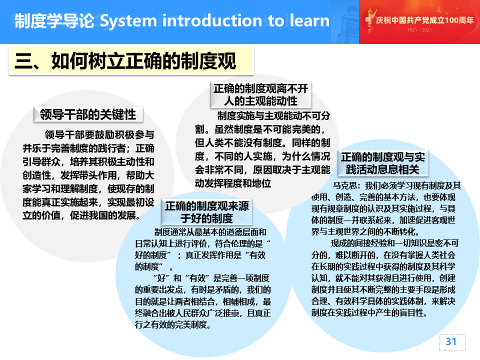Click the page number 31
451,341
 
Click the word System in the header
128,21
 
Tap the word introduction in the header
212,20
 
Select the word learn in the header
309,20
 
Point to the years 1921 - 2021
419,30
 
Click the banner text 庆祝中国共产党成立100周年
424,20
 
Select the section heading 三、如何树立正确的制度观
125,61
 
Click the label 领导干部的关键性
88,114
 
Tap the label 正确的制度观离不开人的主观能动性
261,95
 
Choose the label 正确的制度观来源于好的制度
207,212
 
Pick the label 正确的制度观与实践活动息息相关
383,163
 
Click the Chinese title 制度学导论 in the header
54,21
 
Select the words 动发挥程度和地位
233,183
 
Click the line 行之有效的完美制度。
173,324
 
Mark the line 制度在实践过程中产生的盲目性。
369,313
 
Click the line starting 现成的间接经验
395,243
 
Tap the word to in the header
276,21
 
